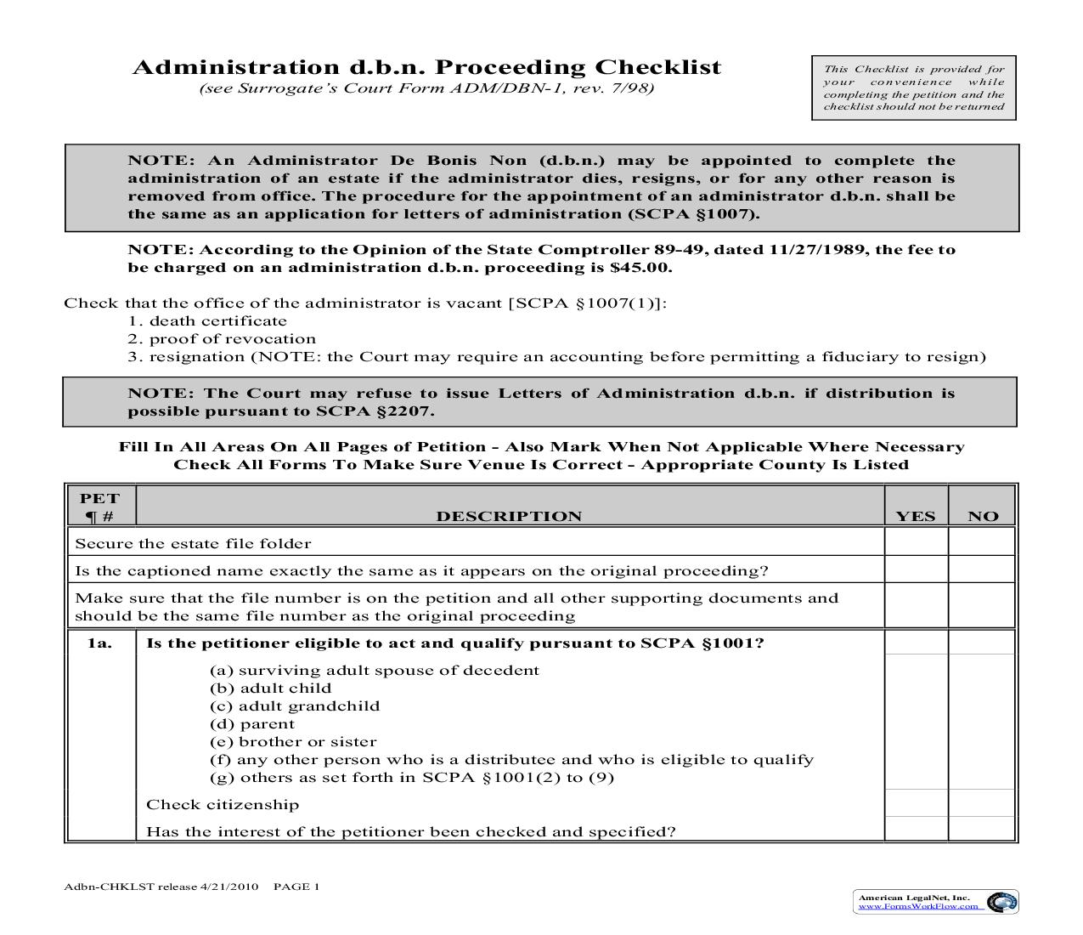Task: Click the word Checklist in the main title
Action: coord(657,67)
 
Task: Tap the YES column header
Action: coord(915,516)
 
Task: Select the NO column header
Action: coord(983,516)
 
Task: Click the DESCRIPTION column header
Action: coord(509,516)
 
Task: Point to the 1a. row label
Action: coord(99,643)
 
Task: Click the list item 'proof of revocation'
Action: coord(232,339)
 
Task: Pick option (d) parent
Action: coord(252,724)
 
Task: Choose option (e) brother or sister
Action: coord(293,742)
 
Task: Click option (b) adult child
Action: coord(270,688)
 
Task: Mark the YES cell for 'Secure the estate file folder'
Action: coord(916,542)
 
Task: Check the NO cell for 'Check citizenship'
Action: coord(982,803)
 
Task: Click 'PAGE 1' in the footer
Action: coord(296,887)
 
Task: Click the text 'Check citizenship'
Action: coord(223,805)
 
